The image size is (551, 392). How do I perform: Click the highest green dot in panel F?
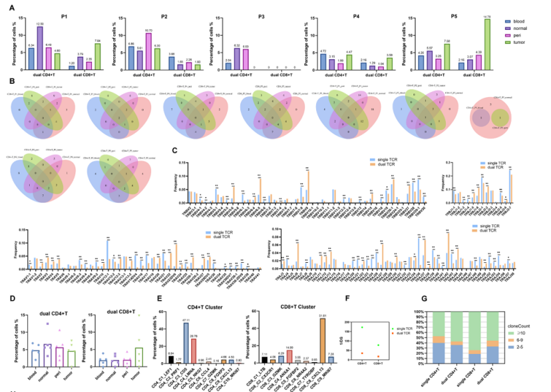tap(362, 327)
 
